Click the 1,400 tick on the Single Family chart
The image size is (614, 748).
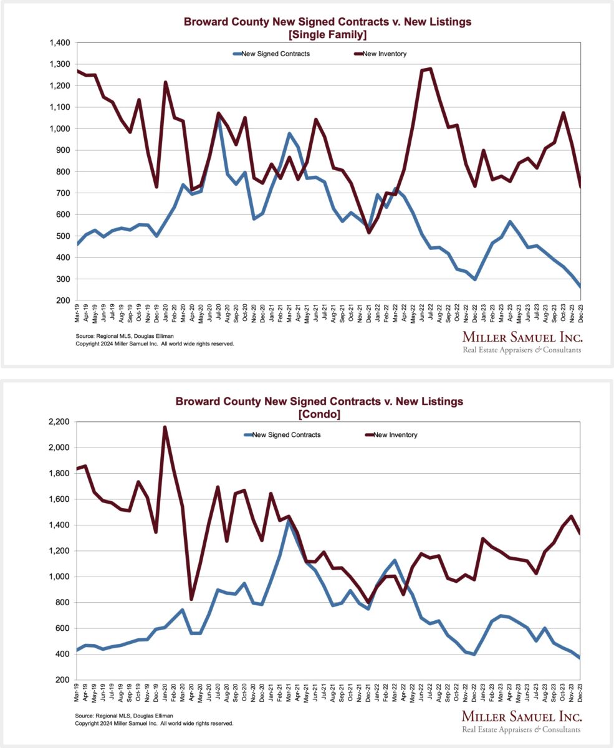pyautogui.click(x=61, y=43)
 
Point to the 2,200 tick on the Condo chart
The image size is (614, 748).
pyautogui.click(x=61, y=422)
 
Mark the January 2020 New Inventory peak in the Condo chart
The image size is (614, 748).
pyautogui.click(x=165, y=427)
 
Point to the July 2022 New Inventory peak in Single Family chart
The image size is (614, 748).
pyautogui.click(x=431, y=69)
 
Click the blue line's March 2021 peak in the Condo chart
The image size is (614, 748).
pyautogui.click(x=289, y=522)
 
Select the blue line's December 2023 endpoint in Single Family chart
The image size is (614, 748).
pyautogui.click(x=580, y=287)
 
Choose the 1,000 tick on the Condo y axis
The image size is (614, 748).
pyautogui.click(x=61, y=577)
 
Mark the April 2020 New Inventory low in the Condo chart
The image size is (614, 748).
pyautogui.click(x=191, y=599)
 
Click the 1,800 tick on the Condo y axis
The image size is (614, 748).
pyautogui.click(x=61, y=473)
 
